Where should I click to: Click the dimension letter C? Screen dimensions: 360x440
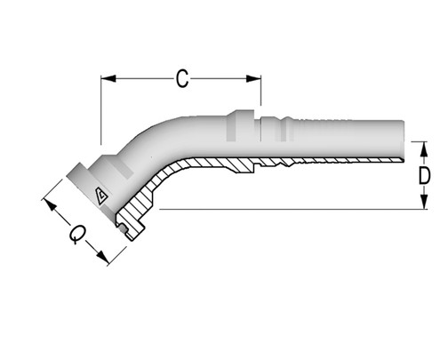181,79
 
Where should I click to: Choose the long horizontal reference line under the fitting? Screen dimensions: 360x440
284,210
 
